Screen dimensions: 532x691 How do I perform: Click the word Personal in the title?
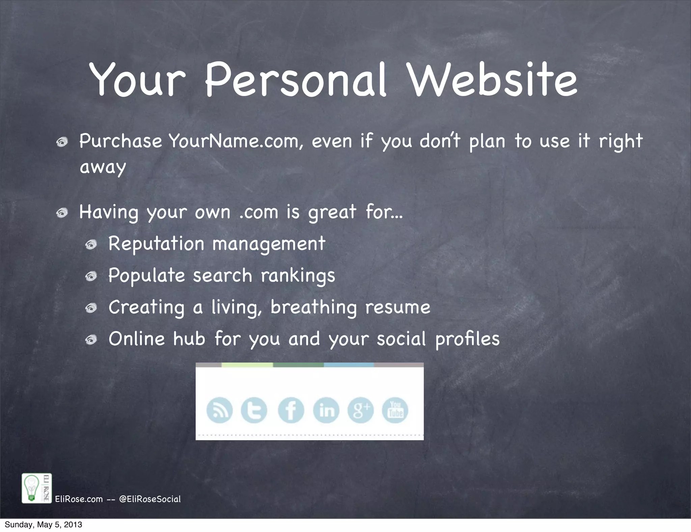295,80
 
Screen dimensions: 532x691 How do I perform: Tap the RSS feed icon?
219,410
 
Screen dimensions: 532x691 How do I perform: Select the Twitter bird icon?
254,410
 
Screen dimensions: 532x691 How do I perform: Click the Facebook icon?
291,410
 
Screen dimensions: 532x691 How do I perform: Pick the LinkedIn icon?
326,410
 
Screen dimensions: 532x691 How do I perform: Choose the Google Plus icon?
360,410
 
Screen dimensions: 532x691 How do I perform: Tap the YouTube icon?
395,410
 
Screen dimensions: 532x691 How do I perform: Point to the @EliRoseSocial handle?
150,499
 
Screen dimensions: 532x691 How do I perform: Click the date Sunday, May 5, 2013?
43,525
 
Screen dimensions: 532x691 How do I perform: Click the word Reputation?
156,244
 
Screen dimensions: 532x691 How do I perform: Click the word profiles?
467,339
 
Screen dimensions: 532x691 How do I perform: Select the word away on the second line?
103,167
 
